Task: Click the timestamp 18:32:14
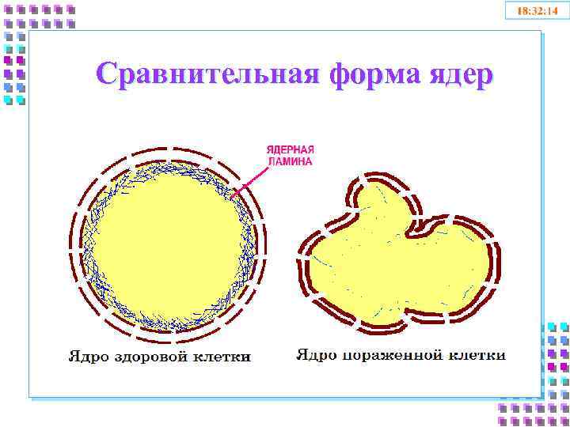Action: tap(537, 11)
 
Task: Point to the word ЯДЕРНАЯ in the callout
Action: tap(290, 149)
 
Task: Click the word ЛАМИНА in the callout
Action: tap(290, 161)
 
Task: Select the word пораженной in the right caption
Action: tap(389, 355)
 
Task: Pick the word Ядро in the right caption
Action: tap(315, 355)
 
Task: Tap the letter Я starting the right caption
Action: tap(302, 355)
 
